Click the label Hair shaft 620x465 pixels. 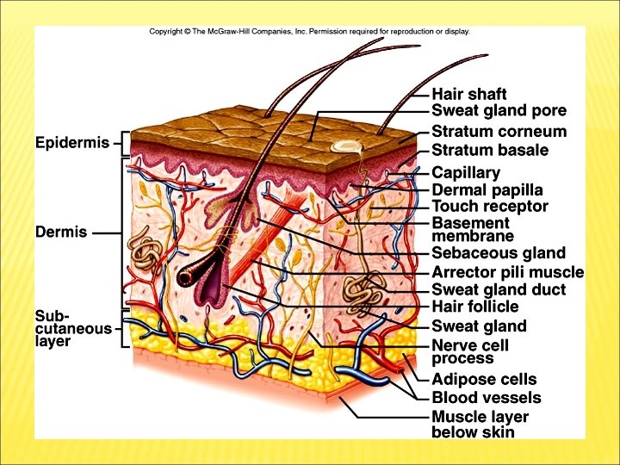(468, 94)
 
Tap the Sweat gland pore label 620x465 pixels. (499, 111)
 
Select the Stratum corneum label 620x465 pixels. (499, 132)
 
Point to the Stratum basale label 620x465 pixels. (489, 151)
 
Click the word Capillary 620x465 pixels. (465, 172)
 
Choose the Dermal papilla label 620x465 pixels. (487, 189)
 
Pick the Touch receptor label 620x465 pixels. (489, 207)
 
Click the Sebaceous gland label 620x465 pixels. (498, 253)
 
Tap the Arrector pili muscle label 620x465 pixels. (507, 272)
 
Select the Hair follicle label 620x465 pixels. (474, 307)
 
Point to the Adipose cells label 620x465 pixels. (483, 379)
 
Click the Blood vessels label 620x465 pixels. (486, 398)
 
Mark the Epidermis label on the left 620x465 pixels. (72, 143)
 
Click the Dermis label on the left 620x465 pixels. (61, 232)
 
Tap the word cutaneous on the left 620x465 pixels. (73, 328)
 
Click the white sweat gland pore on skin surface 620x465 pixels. (347, 147)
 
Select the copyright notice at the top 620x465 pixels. (309, 32)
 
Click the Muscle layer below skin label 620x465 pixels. (480, 425)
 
